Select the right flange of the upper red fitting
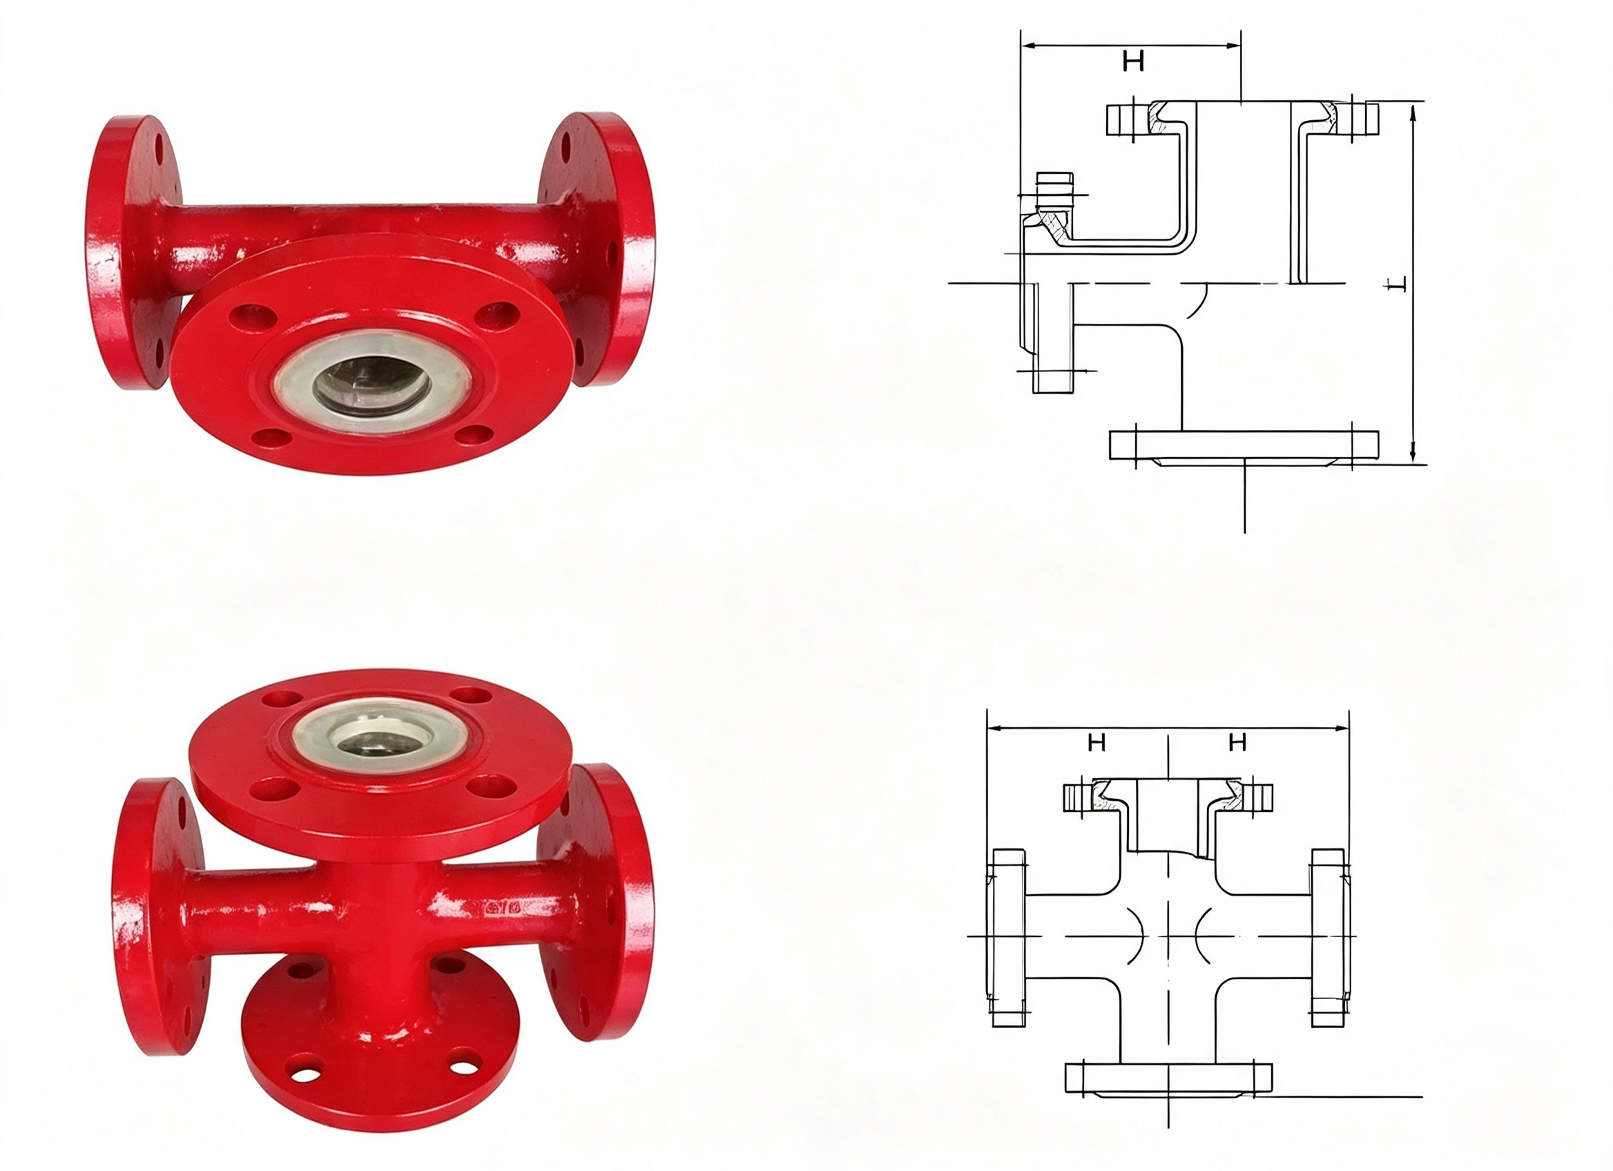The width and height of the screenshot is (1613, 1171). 596,249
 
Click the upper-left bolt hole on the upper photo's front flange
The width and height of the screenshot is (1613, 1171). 253,317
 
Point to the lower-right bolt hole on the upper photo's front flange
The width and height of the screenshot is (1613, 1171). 474,435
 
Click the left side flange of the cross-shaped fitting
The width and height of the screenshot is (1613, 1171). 160,917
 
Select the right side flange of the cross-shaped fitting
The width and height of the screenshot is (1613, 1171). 596,903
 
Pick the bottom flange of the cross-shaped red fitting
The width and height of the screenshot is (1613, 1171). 380,1052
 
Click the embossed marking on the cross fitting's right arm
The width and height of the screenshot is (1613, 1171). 503,908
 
